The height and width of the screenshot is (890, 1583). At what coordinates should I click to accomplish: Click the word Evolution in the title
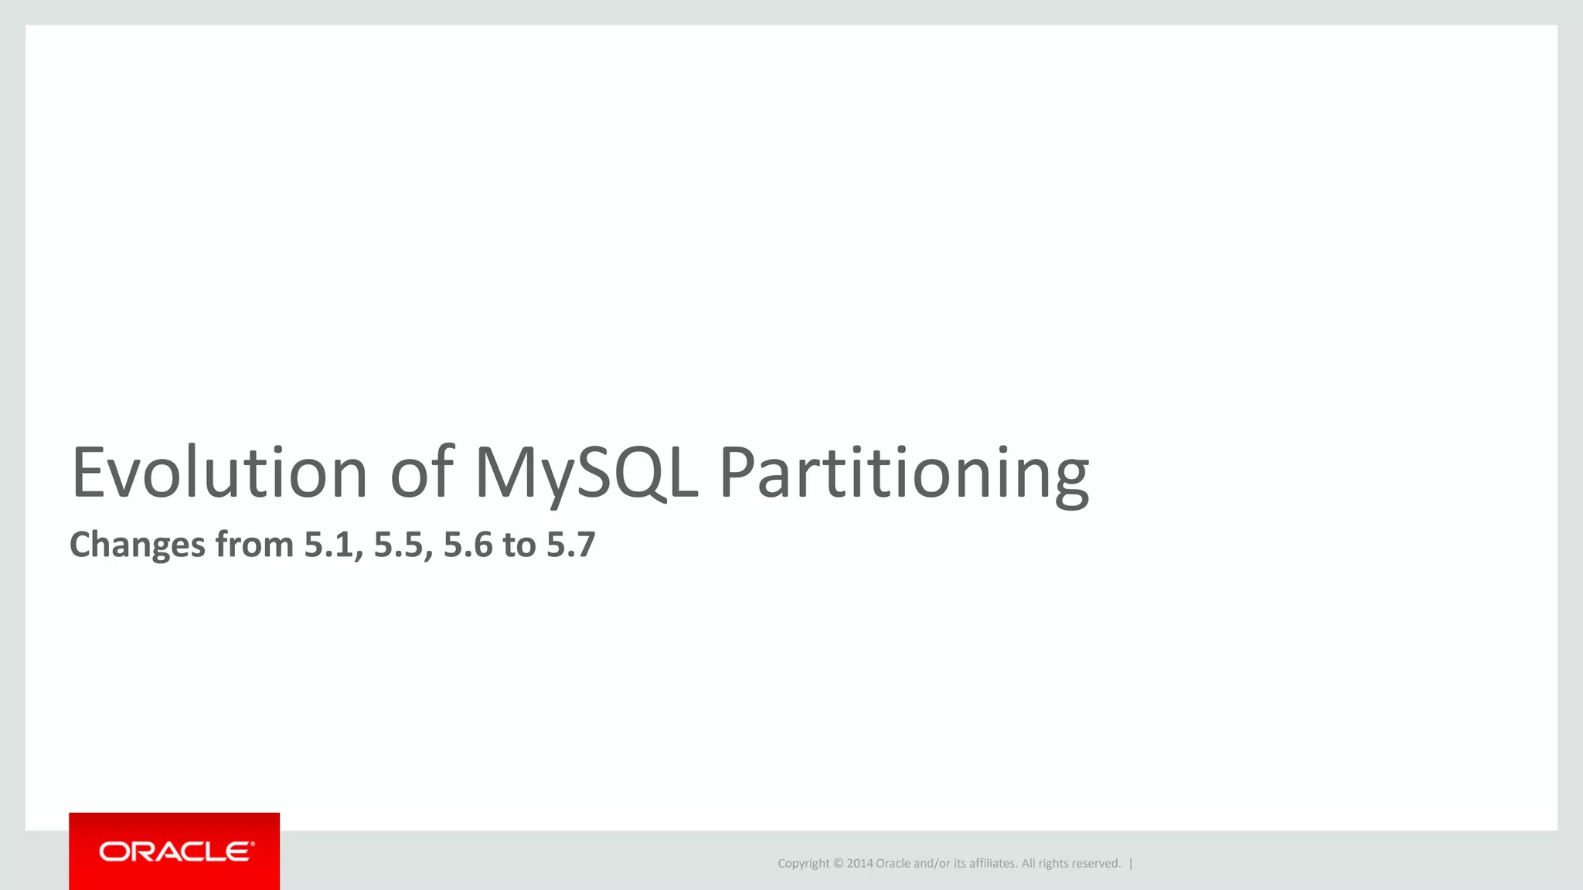click(x=219, y=473)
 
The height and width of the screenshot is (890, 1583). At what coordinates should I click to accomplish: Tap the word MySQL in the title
click(x=586, y=473)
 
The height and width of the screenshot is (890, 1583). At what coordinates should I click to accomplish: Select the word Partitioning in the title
click(x=904, y=473)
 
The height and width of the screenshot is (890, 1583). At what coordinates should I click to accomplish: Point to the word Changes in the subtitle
click(x=138, y=545)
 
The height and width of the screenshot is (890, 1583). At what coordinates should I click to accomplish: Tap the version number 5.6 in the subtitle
click(x=468, y=545)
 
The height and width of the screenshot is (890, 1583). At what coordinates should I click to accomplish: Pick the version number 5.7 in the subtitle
click(x=571, y=545)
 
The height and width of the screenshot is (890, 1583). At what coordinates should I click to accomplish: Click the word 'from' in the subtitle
click(x=254, y=545)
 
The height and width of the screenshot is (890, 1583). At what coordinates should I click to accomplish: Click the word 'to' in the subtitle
click(x=519, y=545)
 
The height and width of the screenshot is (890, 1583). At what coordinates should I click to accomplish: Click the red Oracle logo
click(x=174, y=851)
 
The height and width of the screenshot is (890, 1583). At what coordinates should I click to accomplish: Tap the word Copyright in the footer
click(x=803, y=864)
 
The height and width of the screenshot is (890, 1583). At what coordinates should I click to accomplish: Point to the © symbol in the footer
click(x=838, y=864)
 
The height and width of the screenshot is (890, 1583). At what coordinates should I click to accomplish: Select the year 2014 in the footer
click(x=860, y=864)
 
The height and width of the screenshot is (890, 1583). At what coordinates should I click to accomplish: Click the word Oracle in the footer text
click(x=893, y=864)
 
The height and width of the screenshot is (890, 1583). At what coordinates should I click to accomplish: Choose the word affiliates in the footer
click(x=992, y=864)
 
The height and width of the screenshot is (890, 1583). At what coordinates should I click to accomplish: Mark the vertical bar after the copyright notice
click(x=1131, y=864)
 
